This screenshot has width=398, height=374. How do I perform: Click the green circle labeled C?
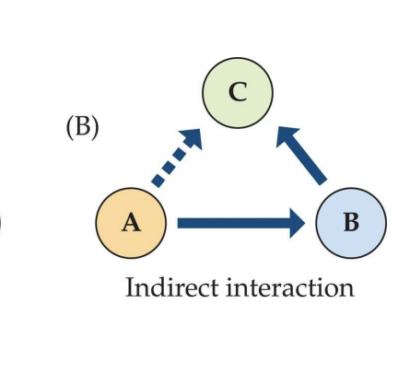[237, 92]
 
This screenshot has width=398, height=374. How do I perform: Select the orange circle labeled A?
[131, 223]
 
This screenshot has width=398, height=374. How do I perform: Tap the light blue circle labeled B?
[351, 223]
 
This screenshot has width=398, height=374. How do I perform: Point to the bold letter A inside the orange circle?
[132, 223]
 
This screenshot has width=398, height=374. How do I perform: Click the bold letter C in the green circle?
[238, 92]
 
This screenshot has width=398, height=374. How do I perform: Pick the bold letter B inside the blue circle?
[352, 222]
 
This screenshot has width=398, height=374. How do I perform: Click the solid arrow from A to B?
[241, 223]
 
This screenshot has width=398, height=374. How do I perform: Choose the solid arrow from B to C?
[301, 156]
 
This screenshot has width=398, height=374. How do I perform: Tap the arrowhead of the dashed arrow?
[193, 138]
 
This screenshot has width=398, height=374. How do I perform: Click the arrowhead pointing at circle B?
[297, 223]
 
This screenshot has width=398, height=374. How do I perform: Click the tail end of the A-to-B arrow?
[178, 223]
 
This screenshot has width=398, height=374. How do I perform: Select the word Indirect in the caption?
[172, 287]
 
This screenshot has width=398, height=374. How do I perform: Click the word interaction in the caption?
[290, 287]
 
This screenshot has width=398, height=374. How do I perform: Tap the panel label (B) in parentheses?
[83, 127]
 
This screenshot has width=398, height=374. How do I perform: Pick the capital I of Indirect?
[130, 287]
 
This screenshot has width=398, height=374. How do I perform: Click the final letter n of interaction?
[347, 290]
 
